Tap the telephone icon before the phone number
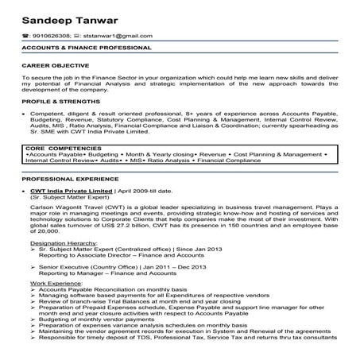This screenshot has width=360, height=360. pyautogui.click(x=25, y=36)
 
